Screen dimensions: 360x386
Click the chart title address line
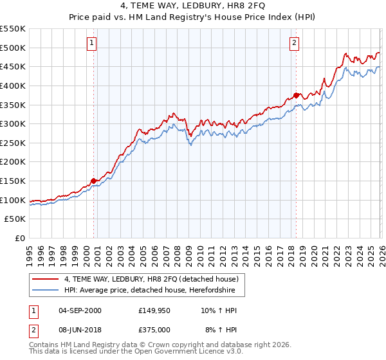193,7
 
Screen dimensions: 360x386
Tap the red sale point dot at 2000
94,181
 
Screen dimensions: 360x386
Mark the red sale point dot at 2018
296,95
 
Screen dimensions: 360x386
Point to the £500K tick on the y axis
14,48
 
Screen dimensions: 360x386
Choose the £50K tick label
16,219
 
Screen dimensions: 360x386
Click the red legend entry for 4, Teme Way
151,279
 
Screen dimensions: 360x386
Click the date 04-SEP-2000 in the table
80,310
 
